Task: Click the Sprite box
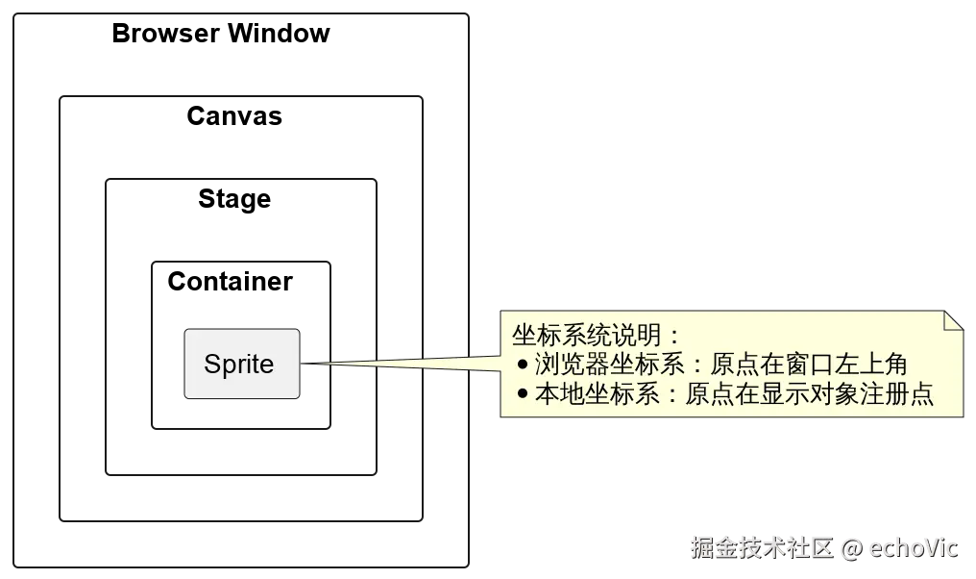pyautogui.click(x=241, y=364)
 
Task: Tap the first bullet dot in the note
pyautogui.click(x=523, y=365)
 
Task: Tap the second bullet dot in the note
pyautogui.click(x=523, y=393)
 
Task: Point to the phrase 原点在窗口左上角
pyautogui.click(x=808, y=365)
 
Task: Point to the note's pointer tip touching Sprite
pyautogui.click(x=307, y=364)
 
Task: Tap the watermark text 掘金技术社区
pyautogui.click(x=760, y=548)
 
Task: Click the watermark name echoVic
pyautogui.click(x=914, y=548)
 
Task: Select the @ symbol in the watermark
pyautogui.click(x=850, y=548)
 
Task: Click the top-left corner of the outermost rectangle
pyautogui.click(x=12, y=13)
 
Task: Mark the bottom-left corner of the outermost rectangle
pyautogui.click(x=12, y=566)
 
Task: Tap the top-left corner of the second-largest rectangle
pyautogui.click(x=58, y=97)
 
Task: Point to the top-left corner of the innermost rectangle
pyautogui.click(x=151, y=259)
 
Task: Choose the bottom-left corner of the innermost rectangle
pyautogui.click(x=151, y=426)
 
